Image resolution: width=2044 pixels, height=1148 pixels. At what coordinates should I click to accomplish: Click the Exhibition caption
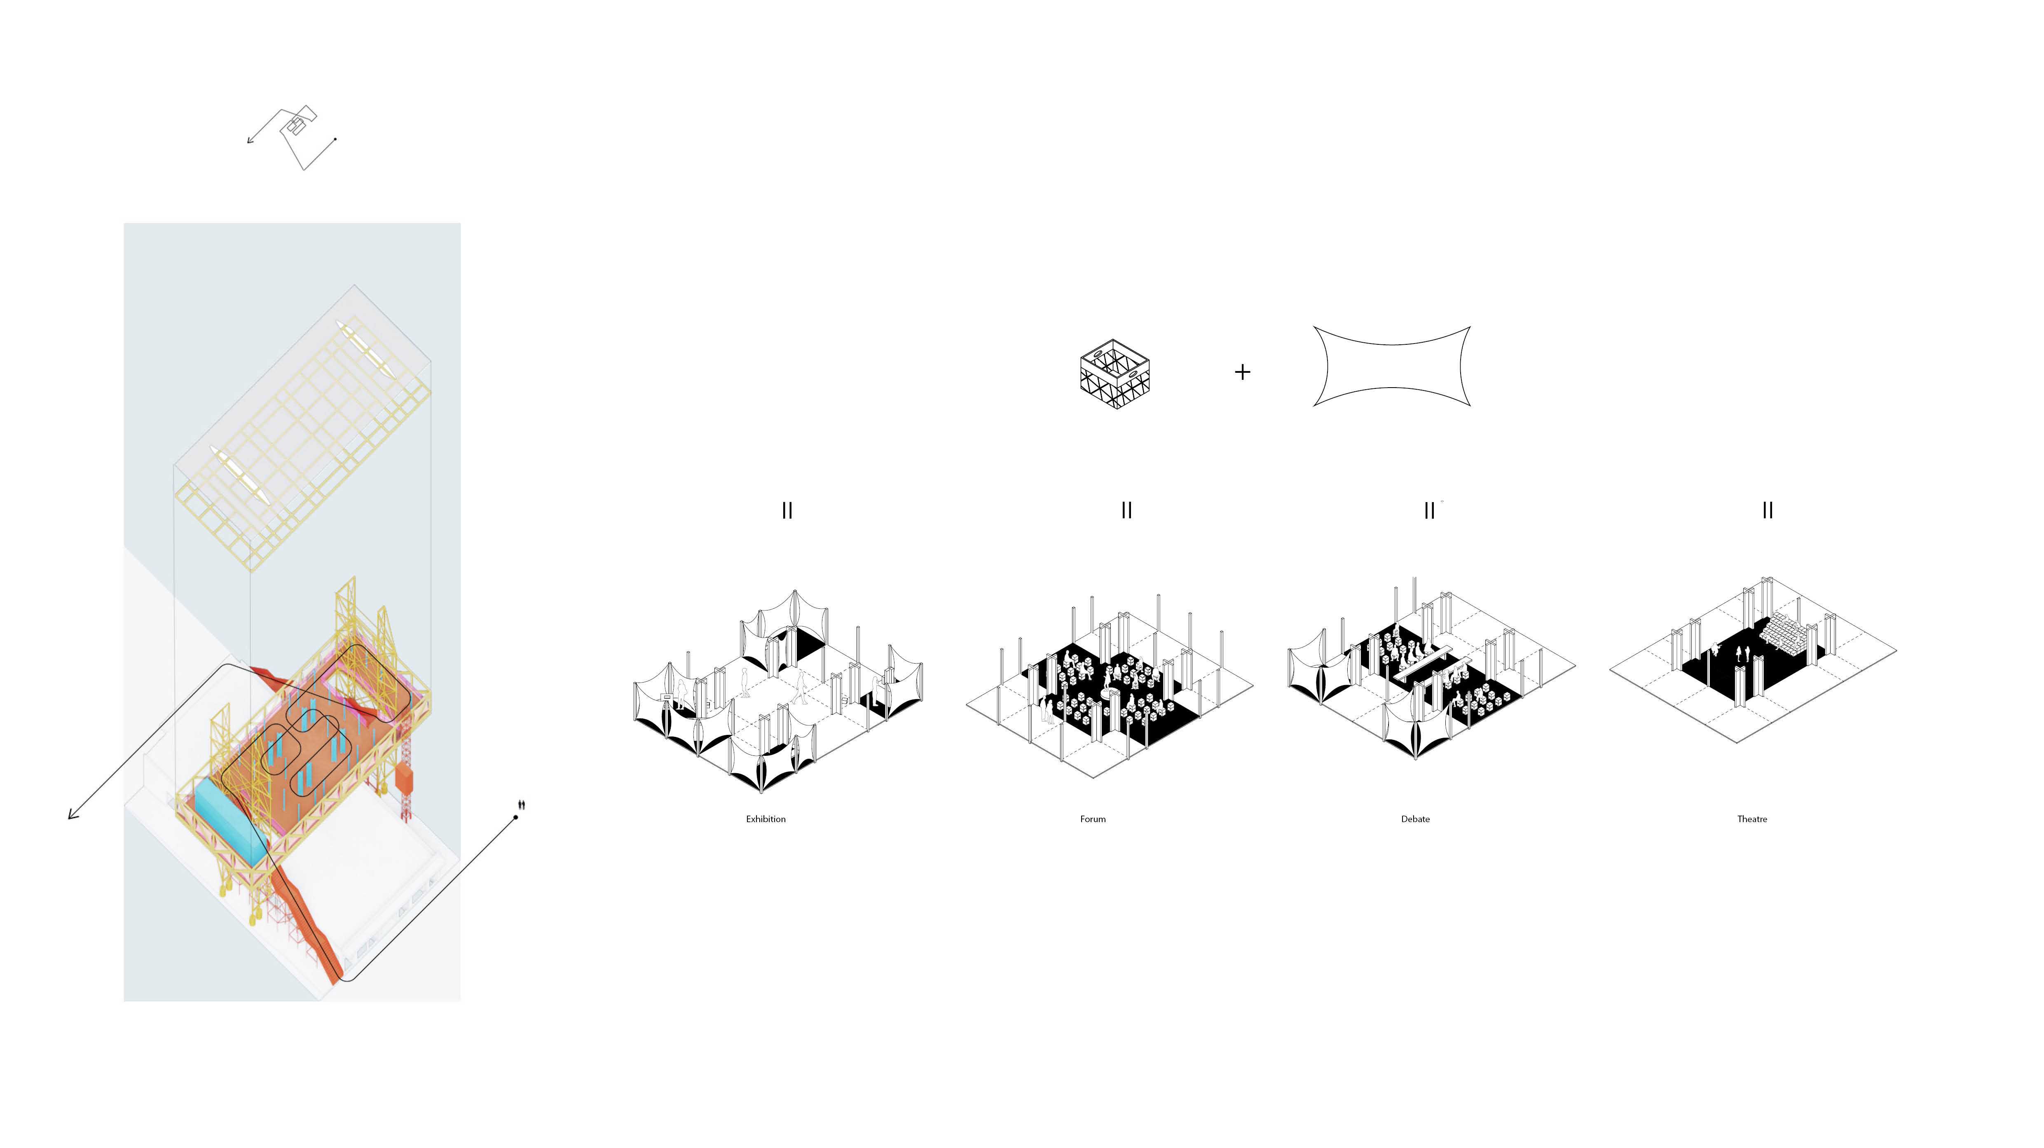(x=765, y=819)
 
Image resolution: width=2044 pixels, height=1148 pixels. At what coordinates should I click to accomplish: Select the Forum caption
(x=1093, y=819)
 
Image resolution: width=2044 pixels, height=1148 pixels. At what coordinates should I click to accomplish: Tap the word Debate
(x=1415, y=819)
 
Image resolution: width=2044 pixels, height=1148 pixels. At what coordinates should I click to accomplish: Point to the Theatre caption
(x=1752, y=819)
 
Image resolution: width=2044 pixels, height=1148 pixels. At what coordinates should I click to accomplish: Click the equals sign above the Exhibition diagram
(x=787, y=510)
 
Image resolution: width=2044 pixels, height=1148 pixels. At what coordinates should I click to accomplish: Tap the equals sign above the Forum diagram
(x=1127, y=510)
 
